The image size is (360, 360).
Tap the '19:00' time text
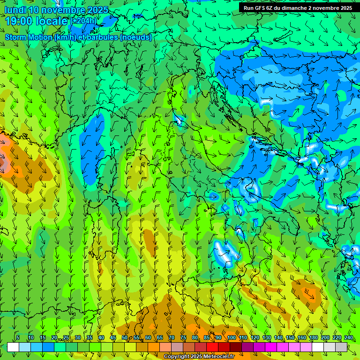(x=19, y=21)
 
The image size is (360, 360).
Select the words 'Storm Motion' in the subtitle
(x=29, y=37)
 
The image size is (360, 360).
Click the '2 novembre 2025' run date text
(x=330, y=8)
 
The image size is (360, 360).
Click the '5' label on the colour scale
(x=18, y=337)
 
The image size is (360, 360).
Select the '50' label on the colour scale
(x=125, y=337)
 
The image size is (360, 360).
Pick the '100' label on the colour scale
(x=231, y=337)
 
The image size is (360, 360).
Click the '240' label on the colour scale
(x=348, y=337)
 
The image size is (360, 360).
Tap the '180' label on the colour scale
(x=313, y=337)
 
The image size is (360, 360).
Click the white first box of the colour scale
(x=13, y=347)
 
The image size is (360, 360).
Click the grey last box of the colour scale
(x=341, y=347)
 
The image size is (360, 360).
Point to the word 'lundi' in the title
(x=15, y=10)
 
